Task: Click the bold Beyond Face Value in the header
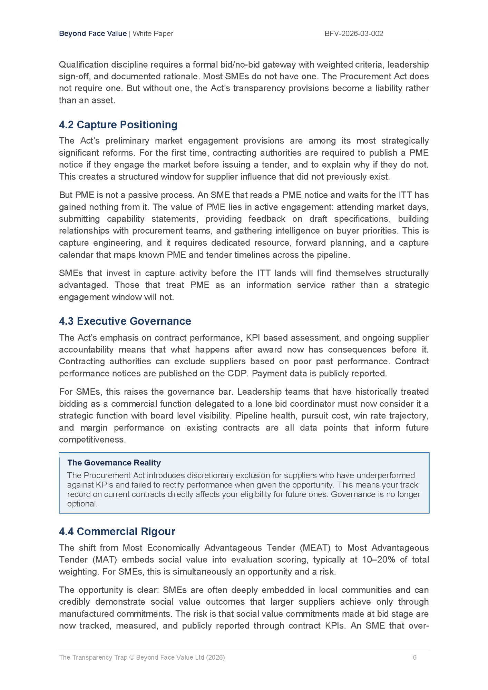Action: (x=93, y=33)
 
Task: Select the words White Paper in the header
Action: (x=153, y=33)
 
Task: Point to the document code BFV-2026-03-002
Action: (x=354, y=33)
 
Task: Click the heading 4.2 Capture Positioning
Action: (x=118, y=125)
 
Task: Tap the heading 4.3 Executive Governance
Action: (x=125, y=321)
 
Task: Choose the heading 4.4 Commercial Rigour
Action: (x=117, y=531)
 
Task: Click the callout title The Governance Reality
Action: (x=114, y=463)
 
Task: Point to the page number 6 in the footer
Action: (x=414, y=657)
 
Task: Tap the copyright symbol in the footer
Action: (x=131, y=657)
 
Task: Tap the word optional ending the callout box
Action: (x=82, y=504)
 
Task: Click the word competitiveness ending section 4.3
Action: (x=92, y=440)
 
